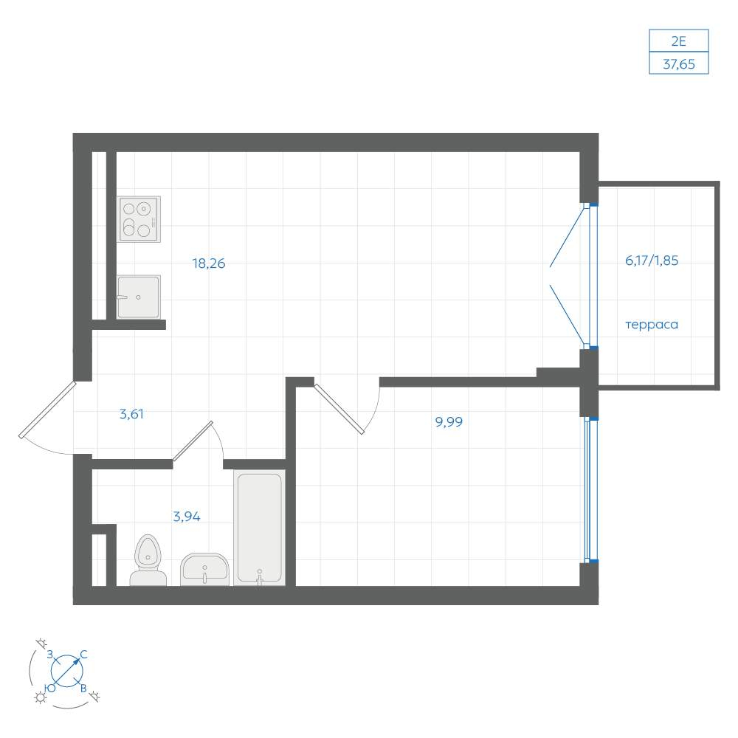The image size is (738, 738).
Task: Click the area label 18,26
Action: pyautogui.click(x=209, y=263)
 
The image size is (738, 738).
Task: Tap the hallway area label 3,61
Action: pyautogui.click(x=131, y=414)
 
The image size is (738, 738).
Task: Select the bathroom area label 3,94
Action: pyautogui.click(x=187, y=517)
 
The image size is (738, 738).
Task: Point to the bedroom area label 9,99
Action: pyautogui.click(x=449, y=421)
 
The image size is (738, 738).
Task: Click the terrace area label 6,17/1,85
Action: pyautogui.click(x=652, y=261)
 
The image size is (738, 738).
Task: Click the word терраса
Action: pyautogui.click(x=652, y=325)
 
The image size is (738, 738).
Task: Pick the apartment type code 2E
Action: pyautogui.click(x=679, y=41)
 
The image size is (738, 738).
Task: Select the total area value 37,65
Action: pyautogui.click(x=679, y=64)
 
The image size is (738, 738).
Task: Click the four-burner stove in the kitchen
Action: pyautogui.click(x=139, y=219)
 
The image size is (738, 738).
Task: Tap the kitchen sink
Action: pyautogui.click(x=139, y=297)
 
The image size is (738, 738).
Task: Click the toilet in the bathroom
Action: pyautogui.click(x=148, y=560)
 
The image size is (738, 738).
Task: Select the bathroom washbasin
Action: pyautogui.click(x=204, y=570)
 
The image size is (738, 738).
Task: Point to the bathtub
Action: pyautogui.click(x=259, y=528)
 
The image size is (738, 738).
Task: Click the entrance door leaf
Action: pyautogui.click(x=47, y=410)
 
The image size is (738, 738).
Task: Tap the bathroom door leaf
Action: pyautogui.click(x=193, y=441)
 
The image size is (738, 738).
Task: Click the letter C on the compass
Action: pyautogui.click(x=84, y=654)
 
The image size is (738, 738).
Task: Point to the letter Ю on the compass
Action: pyautogui.click(x=50, y=688)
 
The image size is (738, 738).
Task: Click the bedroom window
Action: pyautogui.click(x=591, y=489)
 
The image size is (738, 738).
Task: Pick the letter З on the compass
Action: pyautogui.click(x=50, y=654)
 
